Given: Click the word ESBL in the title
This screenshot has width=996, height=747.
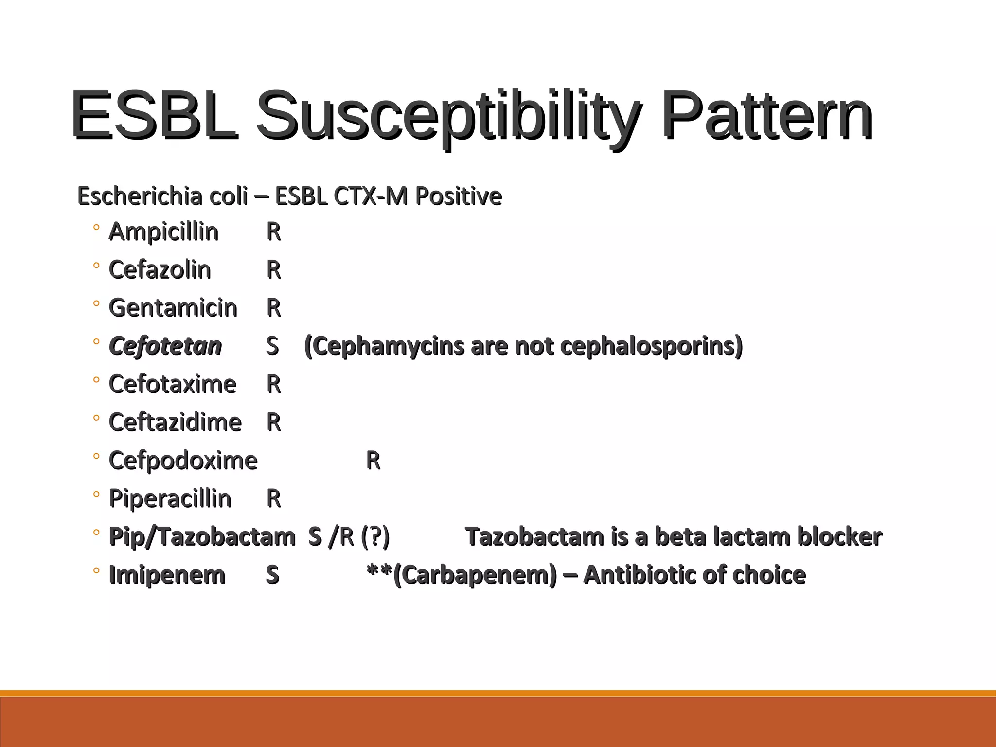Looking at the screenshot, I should point(154,116).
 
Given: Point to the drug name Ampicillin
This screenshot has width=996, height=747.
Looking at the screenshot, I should point(163,231).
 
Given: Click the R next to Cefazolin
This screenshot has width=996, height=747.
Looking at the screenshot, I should point(274,270).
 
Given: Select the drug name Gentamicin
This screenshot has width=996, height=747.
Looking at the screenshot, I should point(173,308).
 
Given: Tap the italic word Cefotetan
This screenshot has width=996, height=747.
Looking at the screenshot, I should point(165,346).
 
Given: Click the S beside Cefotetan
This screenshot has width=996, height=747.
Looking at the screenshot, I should point(272,346).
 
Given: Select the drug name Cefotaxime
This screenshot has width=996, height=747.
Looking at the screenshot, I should point(172,384).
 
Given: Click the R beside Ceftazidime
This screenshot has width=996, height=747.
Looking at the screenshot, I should point(274,422).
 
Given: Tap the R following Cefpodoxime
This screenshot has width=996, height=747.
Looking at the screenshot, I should point(373,461).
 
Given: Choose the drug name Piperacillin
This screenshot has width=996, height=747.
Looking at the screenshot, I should point(170,499).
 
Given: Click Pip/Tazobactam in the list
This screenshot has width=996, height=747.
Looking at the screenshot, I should point(202,537).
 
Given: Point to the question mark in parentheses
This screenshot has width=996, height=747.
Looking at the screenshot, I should point(375,537).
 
